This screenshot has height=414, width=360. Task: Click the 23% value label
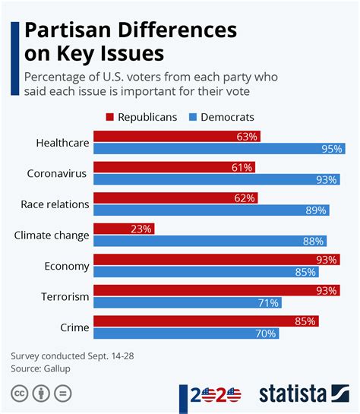point(142,228)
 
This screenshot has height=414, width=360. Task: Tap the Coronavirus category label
point(58,173)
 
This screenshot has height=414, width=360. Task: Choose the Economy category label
point(68,266)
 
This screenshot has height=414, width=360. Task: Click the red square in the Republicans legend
point(110,117)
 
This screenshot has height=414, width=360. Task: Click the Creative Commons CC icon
point(18,393)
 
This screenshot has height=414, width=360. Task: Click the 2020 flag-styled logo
point(216,394)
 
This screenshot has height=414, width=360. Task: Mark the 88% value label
point(313,241)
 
